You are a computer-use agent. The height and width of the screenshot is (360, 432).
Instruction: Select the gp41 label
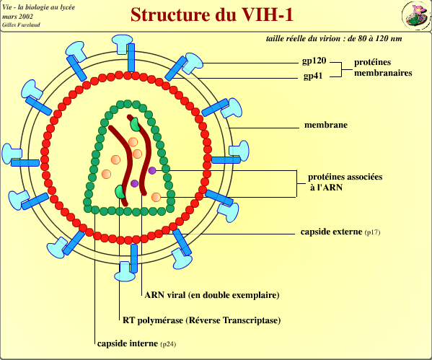pos(313,76)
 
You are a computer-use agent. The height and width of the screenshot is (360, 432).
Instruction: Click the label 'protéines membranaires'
pos(382,68)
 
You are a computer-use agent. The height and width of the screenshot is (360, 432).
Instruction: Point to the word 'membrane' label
pos(325,125)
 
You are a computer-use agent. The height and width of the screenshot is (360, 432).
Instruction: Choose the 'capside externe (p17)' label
pos(340,232)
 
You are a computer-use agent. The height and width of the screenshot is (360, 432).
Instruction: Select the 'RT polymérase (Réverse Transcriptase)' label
pos(201,320)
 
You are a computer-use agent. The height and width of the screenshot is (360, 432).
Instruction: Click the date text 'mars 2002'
pos(17,15)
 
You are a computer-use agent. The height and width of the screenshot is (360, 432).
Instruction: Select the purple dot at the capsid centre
pos(134,183)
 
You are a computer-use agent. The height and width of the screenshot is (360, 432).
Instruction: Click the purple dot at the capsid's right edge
pos(152,170)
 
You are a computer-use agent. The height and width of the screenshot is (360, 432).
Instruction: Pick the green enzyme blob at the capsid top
pos(135,123)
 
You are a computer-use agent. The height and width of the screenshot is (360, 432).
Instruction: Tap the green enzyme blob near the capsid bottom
pos(120,191)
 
